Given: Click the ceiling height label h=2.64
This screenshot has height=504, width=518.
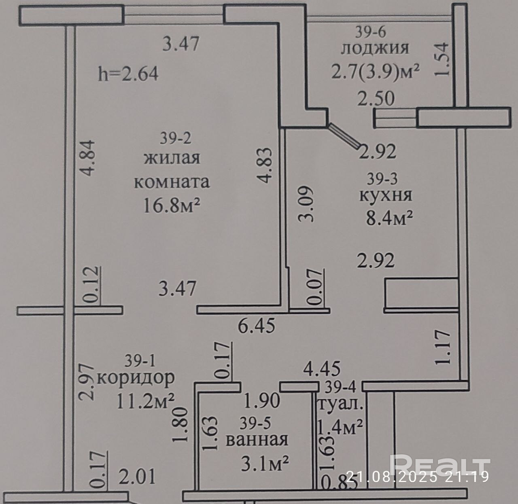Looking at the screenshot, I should (x=128, y=74).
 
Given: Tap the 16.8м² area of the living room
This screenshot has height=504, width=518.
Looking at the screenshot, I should (x=172, y=205).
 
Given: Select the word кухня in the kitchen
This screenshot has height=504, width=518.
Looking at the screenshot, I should (x=386, y=195).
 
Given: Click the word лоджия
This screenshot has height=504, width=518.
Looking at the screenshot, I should (x=375, y=49).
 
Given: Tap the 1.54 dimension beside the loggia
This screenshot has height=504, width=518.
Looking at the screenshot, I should (x=442, y=59).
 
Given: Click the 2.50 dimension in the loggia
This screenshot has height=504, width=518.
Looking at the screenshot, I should (x=376, y=98).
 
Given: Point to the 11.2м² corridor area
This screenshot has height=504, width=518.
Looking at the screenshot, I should (x=146, y=401).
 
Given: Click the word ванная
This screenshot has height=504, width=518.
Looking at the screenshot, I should (x=257, y=439).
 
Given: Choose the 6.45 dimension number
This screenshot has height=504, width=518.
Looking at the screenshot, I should (x=257, y=326).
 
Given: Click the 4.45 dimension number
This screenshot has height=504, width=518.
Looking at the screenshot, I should (x=322, y=368).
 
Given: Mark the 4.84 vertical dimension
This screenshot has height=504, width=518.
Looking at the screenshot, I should (x=88, y=158).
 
